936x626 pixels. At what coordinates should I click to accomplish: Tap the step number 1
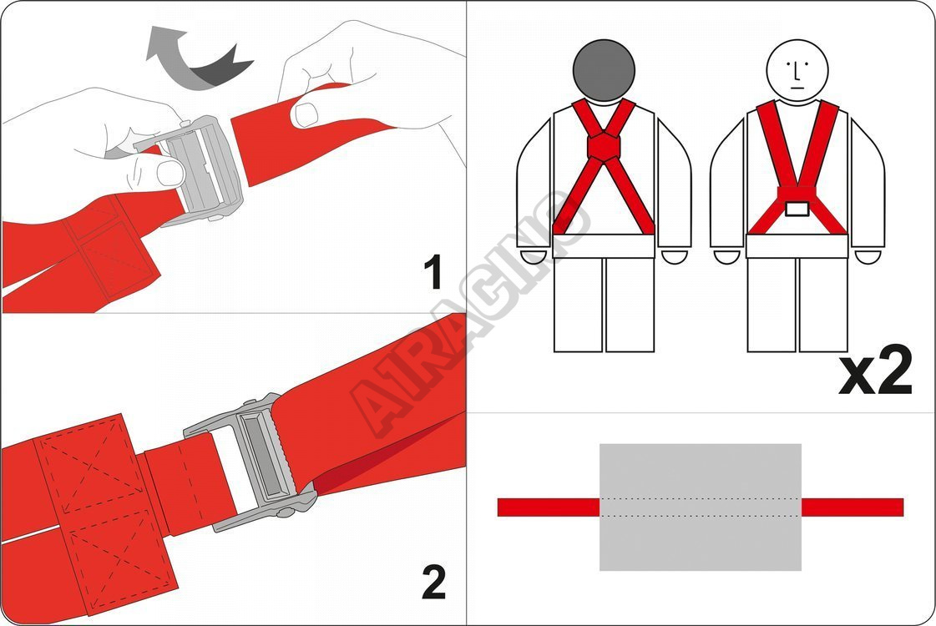tap(433, 271)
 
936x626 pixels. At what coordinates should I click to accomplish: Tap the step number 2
tap(434, 582)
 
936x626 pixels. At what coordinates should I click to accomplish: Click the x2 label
tap(876, 370)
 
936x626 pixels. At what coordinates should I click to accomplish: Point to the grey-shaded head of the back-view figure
tap(605, 70)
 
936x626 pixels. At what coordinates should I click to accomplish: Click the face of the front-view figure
tap(797, 70)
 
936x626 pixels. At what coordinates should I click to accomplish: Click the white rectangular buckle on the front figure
tap(797, 209)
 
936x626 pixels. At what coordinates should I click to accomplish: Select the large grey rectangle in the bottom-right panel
tap(701, 507)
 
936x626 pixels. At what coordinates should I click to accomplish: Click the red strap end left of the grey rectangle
tap(549, 507)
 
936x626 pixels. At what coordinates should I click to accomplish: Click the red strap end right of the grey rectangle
tap(853, 507)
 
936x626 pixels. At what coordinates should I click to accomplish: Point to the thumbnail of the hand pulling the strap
tap(306, 114)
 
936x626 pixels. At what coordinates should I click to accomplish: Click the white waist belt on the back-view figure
tap(604, 246)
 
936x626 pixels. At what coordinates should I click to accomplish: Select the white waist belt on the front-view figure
tap(797, 246)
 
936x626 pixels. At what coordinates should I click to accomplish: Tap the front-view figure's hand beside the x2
tap(868, 257)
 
